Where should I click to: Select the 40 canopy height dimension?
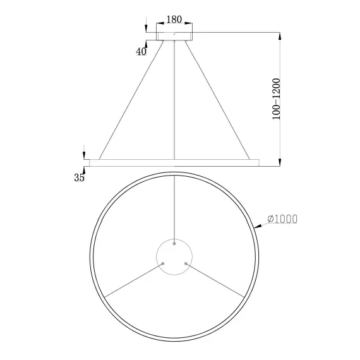(141, 52)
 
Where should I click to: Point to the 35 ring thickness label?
(79, 178)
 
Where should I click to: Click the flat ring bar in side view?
(174, 162)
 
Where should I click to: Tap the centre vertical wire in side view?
(174, 101)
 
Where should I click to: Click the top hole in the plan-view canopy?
(174, 243)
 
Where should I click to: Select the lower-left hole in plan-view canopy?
(163, 263)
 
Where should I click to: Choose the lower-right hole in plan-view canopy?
(185, 263)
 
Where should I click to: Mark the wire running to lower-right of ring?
(215, 279)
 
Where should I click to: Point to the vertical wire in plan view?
(174, 208)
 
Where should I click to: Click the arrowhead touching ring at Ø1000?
(255, 224)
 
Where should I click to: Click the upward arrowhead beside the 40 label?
(147, 44)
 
